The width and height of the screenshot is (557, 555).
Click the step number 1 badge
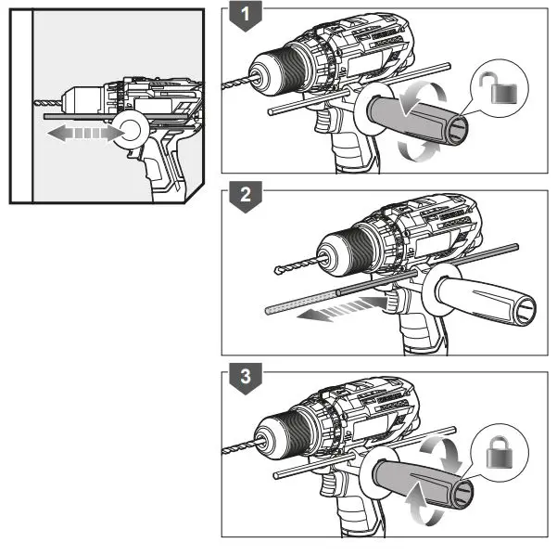click(246, 16)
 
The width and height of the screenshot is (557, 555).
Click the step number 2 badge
click(246, 197)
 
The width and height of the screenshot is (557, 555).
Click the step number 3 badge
click(246, 378)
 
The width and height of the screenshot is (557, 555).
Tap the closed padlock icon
click(500, 452)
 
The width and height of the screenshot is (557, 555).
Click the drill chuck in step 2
click(344, 253)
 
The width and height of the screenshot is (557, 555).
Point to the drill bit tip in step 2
click(278, 270)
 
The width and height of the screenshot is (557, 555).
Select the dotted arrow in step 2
click(342, 308)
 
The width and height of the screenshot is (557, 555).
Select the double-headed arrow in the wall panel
click(86, 133)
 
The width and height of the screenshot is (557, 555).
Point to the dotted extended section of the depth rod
click(301, 302)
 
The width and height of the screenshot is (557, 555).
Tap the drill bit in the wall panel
click(48, 103)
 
